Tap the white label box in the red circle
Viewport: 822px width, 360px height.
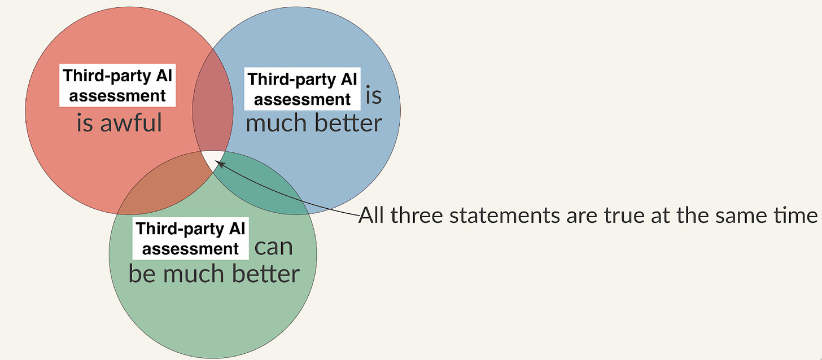[117, 86]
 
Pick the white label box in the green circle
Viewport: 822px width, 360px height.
[189, 239]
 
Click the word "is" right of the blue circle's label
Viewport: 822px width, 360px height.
[374, 96]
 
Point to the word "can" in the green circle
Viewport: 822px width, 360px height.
[274, 247]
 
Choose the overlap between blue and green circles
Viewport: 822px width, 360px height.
[265, 189]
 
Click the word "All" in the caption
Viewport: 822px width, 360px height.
[374, 216]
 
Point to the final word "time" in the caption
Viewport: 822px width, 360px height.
[796, 216]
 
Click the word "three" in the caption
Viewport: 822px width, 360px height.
[419, 216]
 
